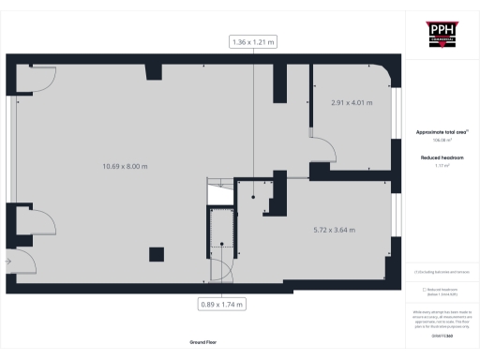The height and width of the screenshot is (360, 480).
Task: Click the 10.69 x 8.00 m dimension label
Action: pyautogui.click(x=126, y=166)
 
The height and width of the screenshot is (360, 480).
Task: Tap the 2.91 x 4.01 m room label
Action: pyautogui.click(x=347, y=100)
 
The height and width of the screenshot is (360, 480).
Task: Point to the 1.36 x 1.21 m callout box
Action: pyautogui.click(x=254, y=41)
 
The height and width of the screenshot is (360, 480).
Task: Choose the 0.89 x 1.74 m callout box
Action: pyautogui.click(x=222, y=304)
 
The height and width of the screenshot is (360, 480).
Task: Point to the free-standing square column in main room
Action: pyautogui.click(x=156, y=253)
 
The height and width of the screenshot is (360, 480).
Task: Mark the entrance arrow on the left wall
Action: pyautogui.click(x=7, y=260)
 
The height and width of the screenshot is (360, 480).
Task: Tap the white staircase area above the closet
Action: pyautogui.click(x=217, y=191)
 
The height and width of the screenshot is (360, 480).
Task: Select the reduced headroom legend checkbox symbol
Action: pyautogui.click(x=425, y=289)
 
